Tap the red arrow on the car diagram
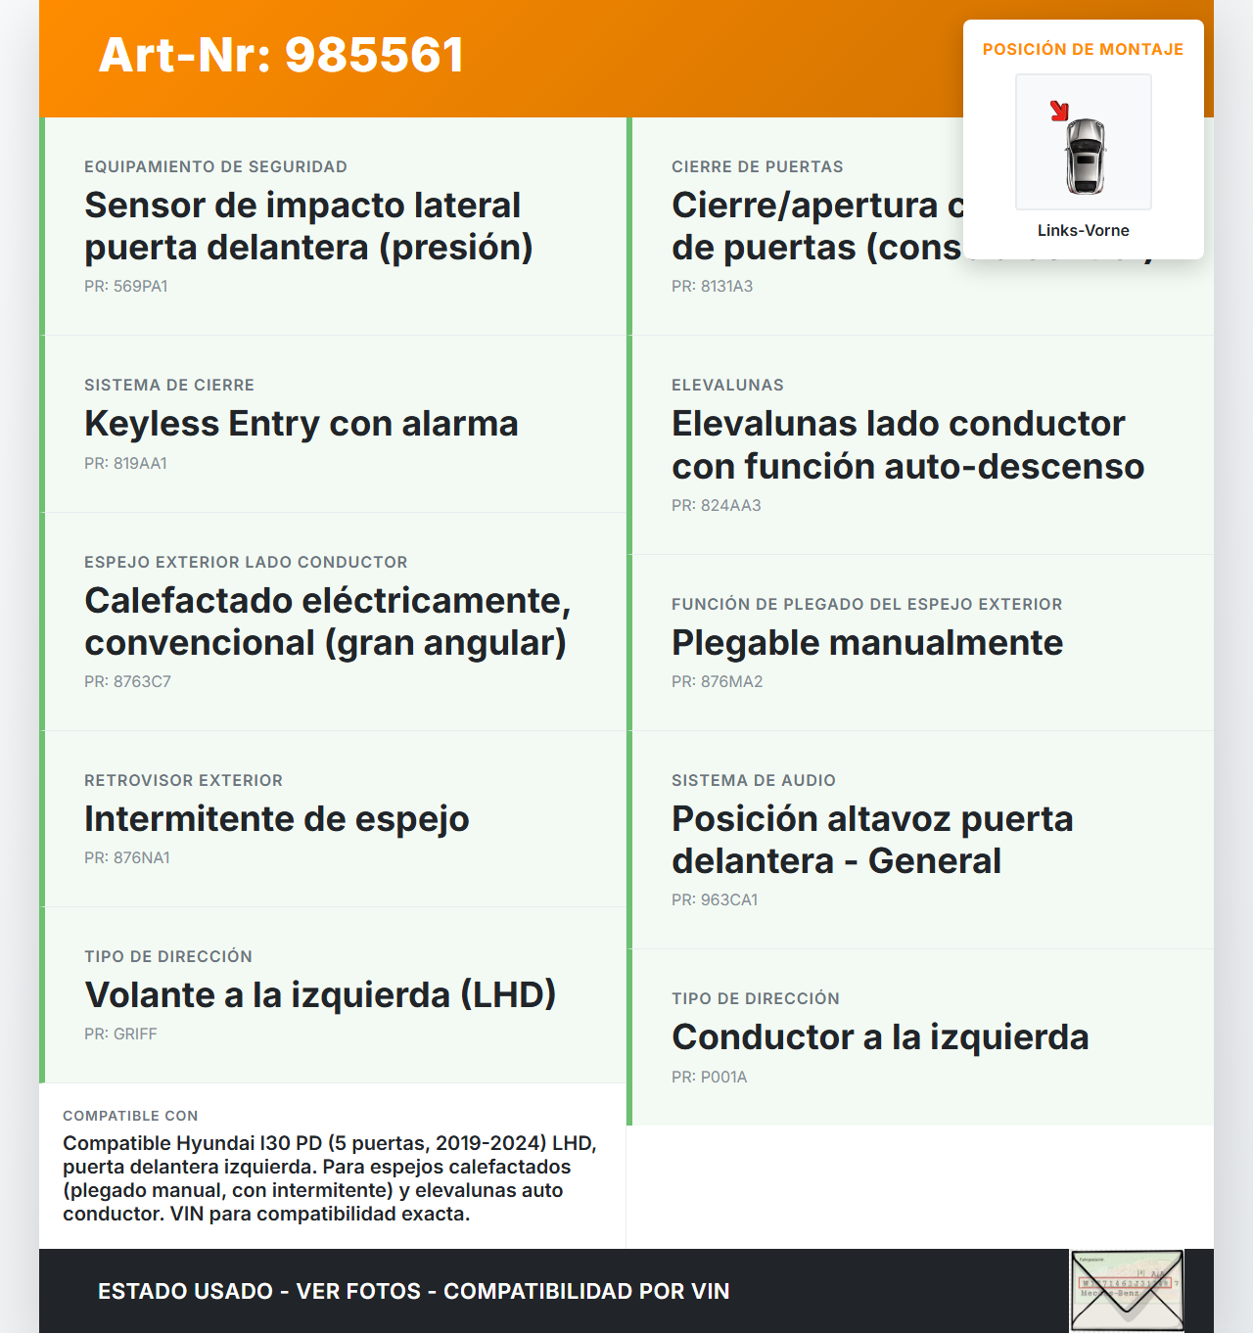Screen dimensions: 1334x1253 [x=1059, y=111]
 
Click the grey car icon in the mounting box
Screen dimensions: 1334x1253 [x=1085, y=155]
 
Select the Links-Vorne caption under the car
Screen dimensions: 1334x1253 [x=1083, y=230]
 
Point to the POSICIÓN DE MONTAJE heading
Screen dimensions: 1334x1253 [x=1083, y=49]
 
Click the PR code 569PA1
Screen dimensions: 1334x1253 [x=125, y=286]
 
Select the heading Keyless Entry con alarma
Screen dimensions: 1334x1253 [x=301, y=424]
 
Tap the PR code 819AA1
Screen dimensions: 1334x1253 [x=125, y=463]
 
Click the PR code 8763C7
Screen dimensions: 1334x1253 [x=127, y=681]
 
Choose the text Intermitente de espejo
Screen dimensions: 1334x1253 [x=276, y=818]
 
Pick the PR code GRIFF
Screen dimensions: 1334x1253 [x=120, y=1034]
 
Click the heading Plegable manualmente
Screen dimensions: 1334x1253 [x=866, y=643]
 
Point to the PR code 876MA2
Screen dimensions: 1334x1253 [x=717, y=681]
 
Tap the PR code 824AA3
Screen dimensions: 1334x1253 [x=716, y=505]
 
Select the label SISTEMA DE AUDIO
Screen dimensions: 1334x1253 [x=753, y=780]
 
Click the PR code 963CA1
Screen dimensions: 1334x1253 [x=715, y=899]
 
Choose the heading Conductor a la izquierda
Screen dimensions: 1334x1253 [x=879, y=1037]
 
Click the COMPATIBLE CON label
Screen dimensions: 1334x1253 [x=130, y=1116]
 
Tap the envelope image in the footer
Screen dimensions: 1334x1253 [x=1127, y=1291]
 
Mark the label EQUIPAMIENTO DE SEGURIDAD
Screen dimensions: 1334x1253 [x=215, y=166]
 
